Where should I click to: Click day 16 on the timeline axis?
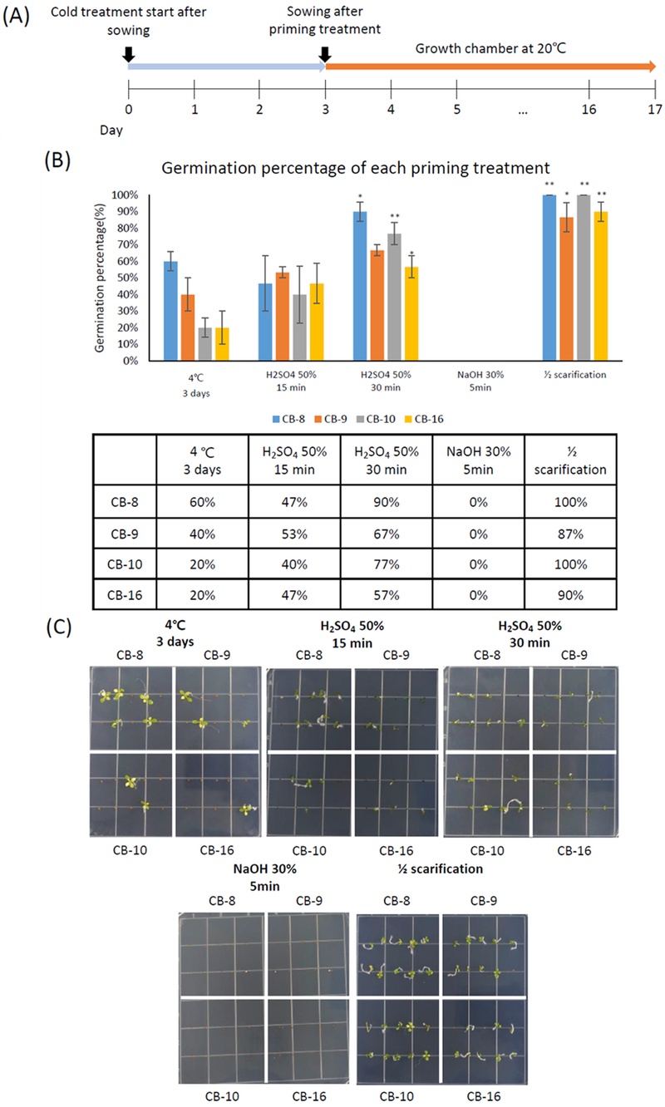(589, 107)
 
